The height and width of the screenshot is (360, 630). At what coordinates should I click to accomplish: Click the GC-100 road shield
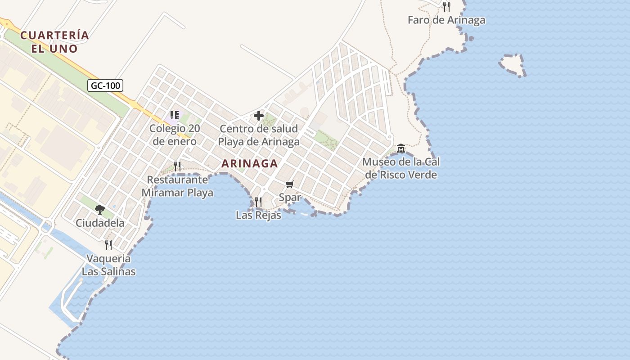coord(105,85)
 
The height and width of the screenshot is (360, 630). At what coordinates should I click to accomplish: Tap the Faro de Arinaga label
coord(446,20)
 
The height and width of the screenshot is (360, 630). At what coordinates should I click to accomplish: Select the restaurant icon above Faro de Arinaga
coord(446,6)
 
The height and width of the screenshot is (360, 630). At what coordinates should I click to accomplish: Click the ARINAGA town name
coord(250,164)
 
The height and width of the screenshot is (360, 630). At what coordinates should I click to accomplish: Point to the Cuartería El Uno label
coord(54,42)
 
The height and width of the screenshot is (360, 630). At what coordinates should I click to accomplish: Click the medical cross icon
coord(259,116)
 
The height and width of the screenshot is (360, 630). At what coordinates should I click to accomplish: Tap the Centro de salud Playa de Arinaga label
coord(259,135)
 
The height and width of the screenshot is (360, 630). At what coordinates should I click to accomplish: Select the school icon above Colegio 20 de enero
coord(175,115)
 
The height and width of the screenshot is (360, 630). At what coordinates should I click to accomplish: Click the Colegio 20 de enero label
coord(175,135)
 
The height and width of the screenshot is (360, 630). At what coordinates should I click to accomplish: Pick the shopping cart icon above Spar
coord(290,184)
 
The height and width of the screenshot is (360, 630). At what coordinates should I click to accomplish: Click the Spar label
coord(290,197)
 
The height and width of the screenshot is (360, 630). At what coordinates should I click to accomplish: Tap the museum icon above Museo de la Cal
coord(401,148)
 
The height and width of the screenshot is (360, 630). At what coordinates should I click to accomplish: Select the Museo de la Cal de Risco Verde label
coord(401,168)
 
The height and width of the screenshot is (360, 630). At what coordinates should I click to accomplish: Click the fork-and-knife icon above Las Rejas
coord(258,202)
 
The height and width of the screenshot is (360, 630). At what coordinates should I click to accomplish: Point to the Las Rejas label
coord(258,216)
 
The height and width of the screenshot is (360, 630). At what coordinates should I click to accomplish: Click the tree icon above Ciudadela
coord(100,209)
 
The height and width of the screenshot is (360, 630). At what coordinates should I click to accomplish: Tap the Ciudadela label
coord(100,223)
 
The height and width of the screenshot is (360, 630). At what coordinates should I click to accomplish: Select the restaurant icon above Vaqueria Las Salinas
coord(108,245)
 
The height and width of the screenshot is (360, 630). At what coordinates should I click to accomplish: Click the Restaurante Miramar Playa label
coord(177,186)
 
